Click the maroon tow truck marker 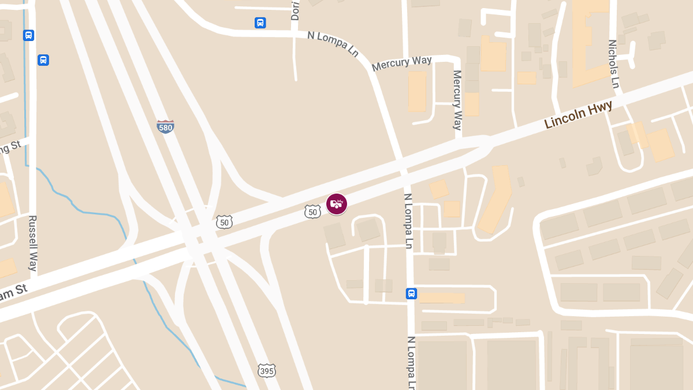[337, 203]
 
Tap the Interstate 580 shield [165, 127]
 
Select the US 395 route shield [267, 370]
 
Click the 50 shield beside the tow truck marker [312, 212]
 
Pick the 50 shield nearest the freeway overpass [225, 221]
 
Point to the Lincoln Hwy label [578, 114]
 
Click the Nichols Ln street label [613, 64]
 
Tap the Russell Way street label [33, 243]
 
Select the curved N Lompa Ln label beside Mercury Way [333, 43]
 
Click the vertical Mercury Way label [457, 99]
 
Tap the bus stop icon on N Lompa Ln [411, 294]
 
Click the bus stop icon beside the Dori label [260, 23]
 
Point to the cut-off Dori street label [296, 10]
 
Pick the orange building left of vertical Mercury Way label [417, 91]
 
